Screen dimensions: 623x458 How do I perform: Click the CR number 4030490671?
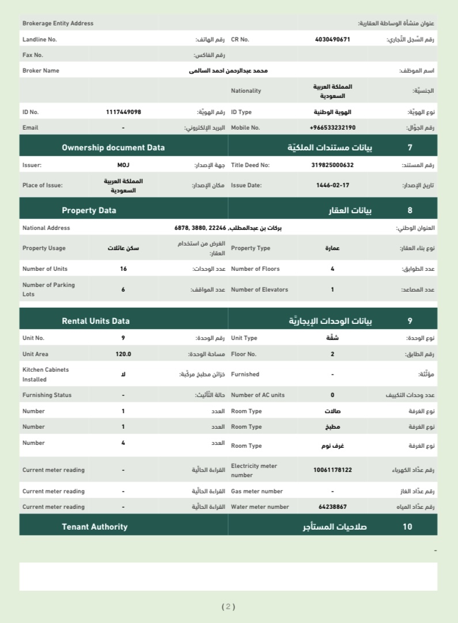pyautogui.click(x=332, y=40)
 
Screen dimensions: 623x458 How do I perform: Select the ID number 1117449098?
pyautogui.click(x=123, y=112)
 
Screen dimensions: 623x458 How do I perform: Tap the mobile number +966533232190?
pyautogui.click(x=332, y=127)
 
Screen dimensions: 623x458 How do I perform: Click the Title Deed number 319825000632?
pyautogui.click(x=332, y=165)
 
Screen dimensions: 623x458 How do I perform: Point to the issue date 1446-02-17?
pyautogui.click(x=332, y=186)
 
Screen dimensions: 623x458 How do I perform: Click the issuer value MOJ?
pyautogui.click(x=123, y=165)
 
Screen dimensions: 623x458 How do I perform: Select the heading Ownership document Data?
pyautogui.click(x=113, y=148)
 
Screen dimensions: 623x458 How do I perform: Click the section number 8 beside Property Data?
pyautogui.click(x=410, y=210)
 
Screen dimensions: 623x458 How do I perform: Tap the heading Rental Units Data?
pyautogui.click(x=96, y=321)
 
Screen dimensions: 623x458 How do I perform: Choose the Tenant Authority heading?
pyautogui.click(x=94, y=527)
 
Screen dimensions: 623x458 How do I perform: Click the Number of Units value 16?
pyautogui.click(x=123, y=269)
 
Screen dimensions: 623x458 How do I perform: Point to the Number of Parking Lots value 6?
pyautogui.click(x=123, y=289)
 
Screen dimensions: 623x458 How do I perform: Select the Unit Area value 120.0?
pyautogui.click(x=123, y=354)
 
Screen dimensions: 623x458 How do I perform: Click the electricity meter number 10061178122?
pyautogui.click(x=332, y=470)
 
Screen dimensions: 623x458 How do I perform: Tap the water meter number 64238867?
pyautogui.click(x=332, y=507)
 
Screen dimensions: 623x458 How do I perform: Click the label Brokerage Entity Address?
pyautogui.click(x=58, y=24)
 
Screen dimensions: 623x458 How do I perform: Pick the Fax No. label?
pyautogui.click(x=33, y=55)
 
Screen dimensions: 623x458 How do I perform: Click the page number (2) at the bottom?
pyautogui.click(x=229, y=606)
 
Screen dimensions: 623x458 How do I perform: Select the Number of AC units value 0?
pyautogui.click(x=332, y=395)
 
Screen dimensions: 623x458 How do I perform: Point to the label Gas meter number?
pyautogui.click(x=256, y=491)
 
